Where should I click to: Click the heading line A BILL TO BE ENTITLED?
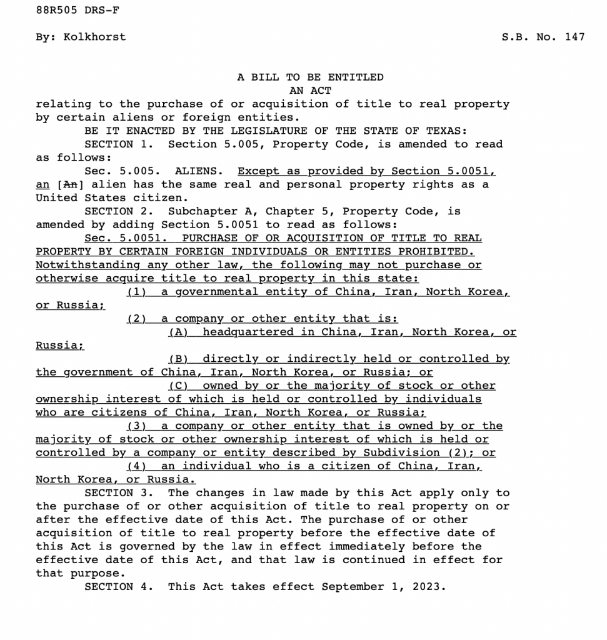310,77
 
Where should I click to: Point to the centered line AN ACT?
310,91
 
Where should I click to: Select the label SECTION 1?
119,144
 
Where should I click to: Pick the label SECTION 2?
119,211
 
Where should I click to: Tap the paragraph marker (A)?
178,332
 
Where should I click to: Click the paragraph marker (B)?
178,359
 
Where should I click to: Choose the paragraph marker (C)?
178,386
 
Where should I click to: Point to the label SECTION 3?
119,493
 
